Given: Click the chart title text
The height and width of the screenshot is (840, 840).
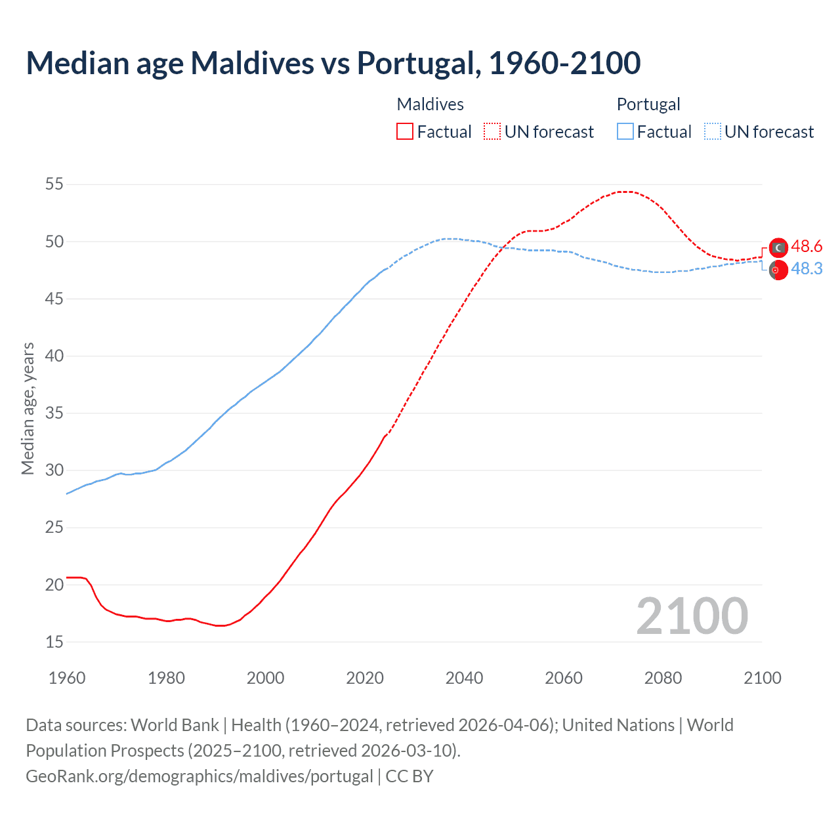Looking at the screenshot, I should click(x=333, y=63).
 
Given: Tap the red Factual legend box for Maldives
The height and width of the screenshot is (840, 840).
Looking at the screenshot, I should click(x=405, y=132).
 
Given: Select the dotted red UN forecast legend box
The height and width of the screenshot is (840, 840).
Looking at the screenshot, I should click(x=492, y=132).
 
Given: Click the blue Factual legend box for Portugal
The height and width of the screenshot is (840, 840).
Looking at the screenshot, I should click(x=625, y=132).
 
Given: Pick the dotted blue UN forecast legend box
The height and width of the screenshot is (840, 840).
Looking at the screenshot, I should click(x=713, y=132).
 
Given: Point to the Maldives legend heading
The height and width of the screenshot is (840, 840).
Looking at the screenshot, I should click(x=430, y=104).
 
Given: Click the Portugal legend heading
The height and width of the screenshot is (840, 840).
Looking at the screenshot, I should click(x=648, y=104).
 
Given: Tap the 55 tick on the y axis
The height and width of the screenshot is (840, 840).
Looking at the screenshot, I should click(x=54, y=184).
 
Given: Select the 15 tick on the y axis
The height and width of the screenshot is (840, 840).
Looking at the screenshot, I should click(x=54, y=642).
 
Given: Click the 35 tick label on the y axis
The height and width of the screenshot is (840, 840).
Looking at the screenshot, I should click(x=54, y=413).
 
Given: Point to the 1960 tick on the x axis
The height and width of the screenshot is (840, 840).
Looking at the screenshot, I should click(x=67, y=678).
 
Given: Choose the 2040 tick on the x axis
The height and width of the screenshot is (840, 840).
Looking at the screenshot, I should click(x=464, y=678).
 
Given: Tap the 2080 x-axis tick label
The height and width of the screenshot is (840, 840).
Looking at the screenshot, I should click(x=663, y=678).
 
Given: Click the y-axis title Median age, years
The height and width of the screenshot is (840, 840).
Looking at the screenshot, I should click(x=28, y=408).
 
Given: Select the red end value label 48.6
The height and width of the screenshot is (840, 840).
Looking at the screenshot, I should click(x=807, y=247).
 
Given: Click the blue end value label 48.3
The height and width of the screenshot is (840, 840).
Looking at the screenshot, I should click(x=807, y=269).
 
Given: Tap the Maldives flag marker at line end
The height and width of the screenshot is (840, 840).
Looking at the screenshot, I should click(x=778, y=247).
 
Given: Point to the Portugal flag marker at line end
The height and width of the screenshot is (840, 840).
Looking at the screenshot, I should click(x=778, y=270).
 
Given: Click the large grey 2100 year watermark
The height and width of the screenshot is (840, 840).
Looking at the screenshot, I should click(x=692, y=616).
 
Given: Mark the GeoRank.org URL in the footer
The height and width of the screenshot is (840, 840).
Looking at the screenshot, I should click(x=199, y=776).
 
